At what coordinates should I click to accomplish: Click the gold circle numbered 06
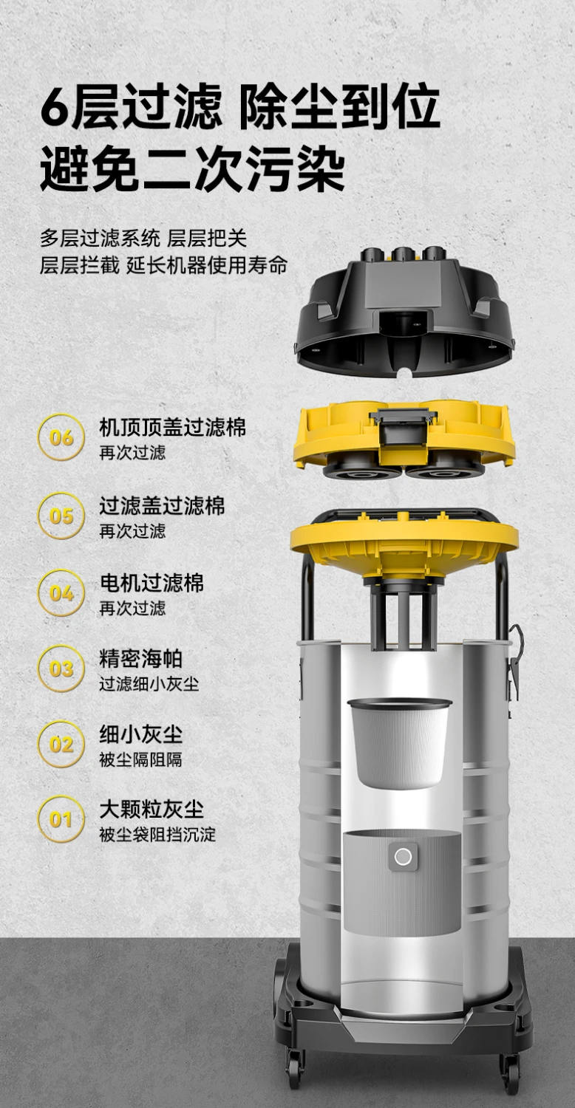61,437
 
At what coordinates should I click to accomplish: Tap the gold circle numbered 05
61,516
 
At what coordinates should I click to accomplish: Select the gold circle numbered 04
61,592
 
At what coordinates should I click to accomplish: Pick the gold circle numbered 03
61,668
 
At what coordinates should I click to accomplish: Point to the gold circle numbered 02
61,744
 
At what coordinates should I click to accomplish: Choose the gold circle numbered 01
61,819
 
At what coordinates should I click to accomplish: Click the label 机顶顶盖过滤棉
172,428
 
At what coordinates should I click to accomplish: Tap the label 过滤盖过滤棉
162,505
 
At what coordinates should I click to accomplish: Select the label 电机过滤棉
152,583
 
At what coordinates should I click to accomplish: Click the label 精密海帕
141,659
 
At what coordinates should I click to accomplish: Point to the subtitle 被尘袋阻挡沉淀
157,835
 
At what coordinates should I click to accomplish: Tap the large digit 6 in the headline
55,106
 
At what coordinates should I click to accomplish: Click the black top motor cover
405,312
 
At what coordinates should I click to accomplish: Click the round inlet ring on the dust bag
403,857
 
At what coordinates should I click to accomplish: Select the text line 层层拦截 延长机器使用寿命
163,266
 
